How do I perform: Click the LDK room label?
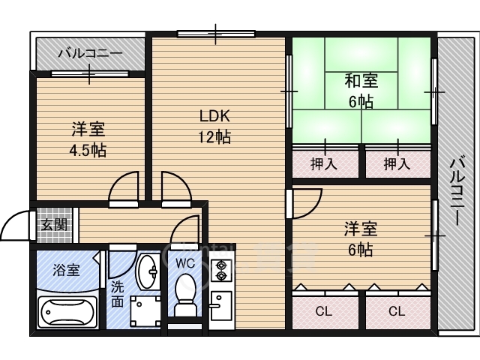tap(214, 115)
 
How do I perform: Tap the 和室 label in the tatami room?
tap(361, 80)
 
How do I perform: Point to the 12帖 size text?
tap(214, 136)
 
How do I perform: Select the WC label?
tap(185, 263)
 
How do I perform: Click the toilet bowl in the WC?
tap(185, 295)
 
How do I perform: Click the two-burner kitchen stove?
tap(220, 271)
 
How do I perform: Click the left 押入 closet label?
tap(323, 163)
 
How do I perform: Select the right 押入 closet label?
tap(397, 163)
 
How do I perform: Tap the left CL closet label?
tap(324, 310)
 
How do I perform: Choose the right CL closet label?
tap(397, 310)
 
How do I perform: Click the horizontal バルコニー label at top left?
tap(90, 53)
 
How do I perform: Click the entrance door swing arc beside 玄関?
tap(15, 225)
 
